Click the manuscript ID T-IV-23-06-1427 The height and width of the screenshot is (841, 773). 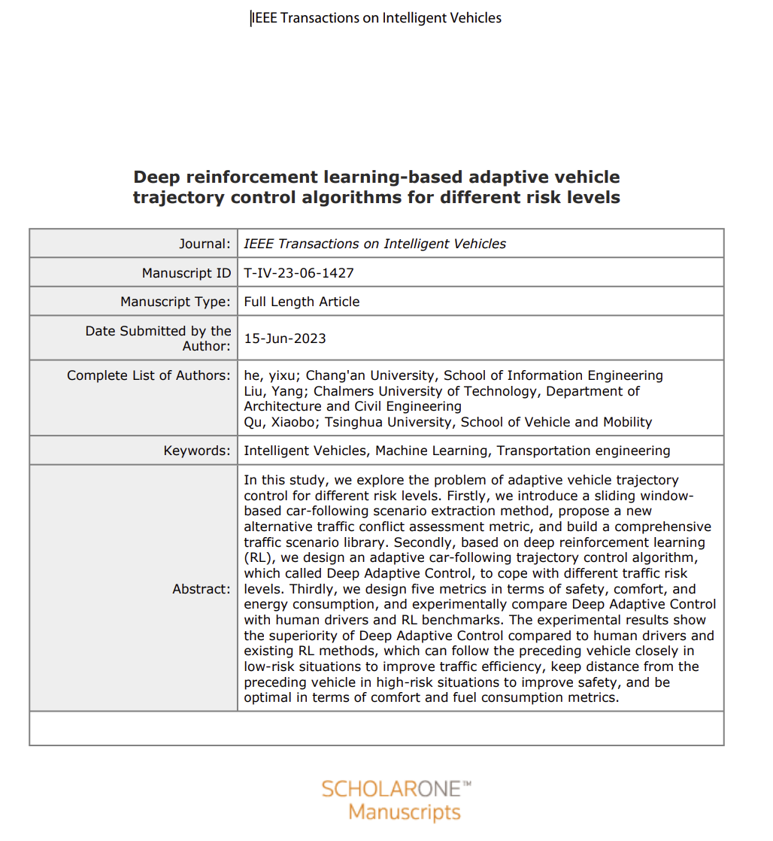pos(299,273)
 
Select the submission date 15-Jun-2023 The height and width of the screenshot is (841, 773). pos(285,339)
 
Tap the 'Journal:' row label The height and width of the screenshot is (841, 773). pos(205,244)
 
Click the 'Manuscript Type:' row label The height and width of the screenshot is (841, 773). pos(176,302)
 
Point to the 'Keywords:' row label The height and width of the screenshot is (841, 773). pos(197,451)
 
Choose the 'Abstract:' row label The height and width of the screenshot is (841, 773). pos(202,589)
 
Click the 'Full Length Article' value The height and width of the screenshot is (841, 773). pos(302,302)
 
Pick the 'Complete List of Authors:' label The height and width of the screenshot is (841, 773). pos(149,375)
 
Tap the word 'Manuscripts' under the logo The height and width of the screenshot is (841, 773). pos(405,813)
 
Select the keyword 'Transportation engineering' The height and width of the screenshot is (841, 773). pos(584,451)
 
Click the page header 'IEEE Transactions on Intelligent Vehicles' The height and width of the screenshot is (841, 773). pos(376,17)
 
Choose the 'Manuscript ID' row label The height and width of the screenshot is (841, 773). pos(186,273)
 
